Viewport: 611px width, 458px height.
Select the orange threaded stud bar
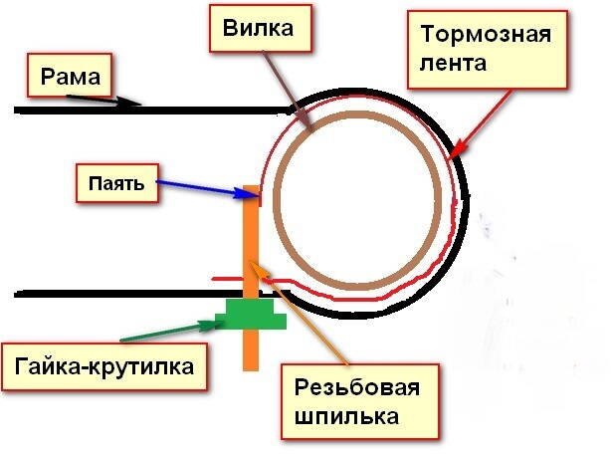251,239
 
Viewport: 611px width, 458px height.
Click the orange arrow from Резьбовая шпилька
299,310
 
